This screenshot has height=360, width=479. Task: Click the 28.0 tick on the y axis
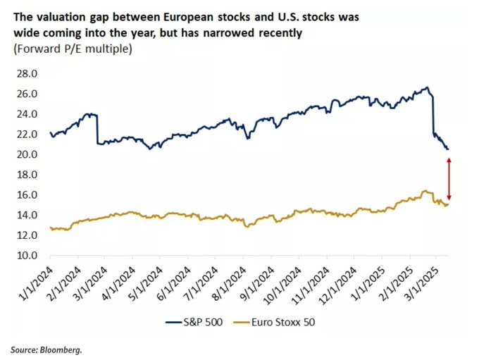click(27, 73)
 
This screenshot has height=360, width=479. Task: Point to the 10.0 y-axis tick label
click(27, 256)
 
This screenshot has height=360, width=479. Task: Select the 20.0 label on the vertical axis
click(27, 154)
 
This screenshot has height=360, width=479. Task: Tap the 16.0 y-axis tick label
click(27, 195)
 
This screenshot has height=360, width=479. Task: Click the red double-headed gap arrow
click(449, 179)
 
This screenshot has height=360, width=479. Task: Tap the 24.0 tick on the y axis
click(27, 114)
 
